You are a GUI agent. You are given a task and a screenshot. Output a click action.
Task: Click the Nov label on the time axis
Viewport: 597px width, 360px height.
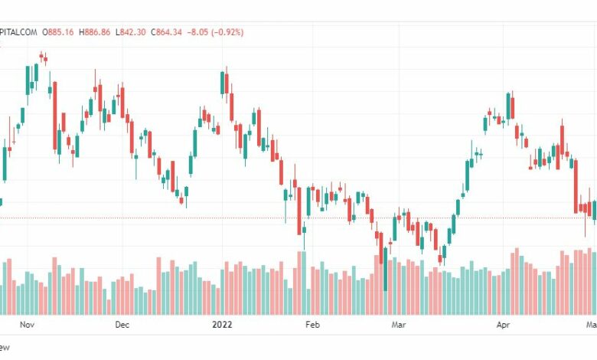point(27,325)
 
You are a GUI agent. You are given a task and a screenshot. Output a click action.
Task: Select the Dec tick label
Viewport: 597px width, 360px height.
point(122,325)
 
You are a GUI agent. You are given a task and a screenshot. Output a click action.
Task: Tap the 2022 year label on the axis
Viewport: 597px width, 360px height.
point(221,325)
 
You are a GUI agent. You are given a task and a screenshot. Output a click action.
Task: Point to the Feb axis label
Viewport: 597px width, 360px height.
point(312,325)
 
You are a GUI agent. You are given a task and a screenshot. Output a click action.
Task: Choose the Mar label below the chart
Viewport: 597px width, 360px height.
point(399,325)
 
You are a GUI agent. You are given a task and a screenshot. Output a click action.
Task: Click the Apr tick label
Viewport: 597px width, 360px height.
point(503,325)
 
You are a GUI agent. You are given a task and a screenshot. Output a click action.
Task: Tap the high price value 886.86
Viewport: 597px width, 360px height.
point(97,31)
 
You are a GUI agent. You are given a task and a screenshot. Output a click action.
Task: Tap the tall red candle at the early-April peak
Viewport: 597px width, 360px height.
point(511,106)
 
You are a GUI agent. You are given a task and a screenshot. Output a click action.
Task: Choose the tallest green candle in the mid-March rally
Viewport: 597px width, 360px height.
point(468,175)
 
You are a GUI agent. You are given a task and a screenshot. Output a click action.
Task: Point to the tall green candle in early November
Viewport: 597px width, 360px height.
point(28,80)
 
